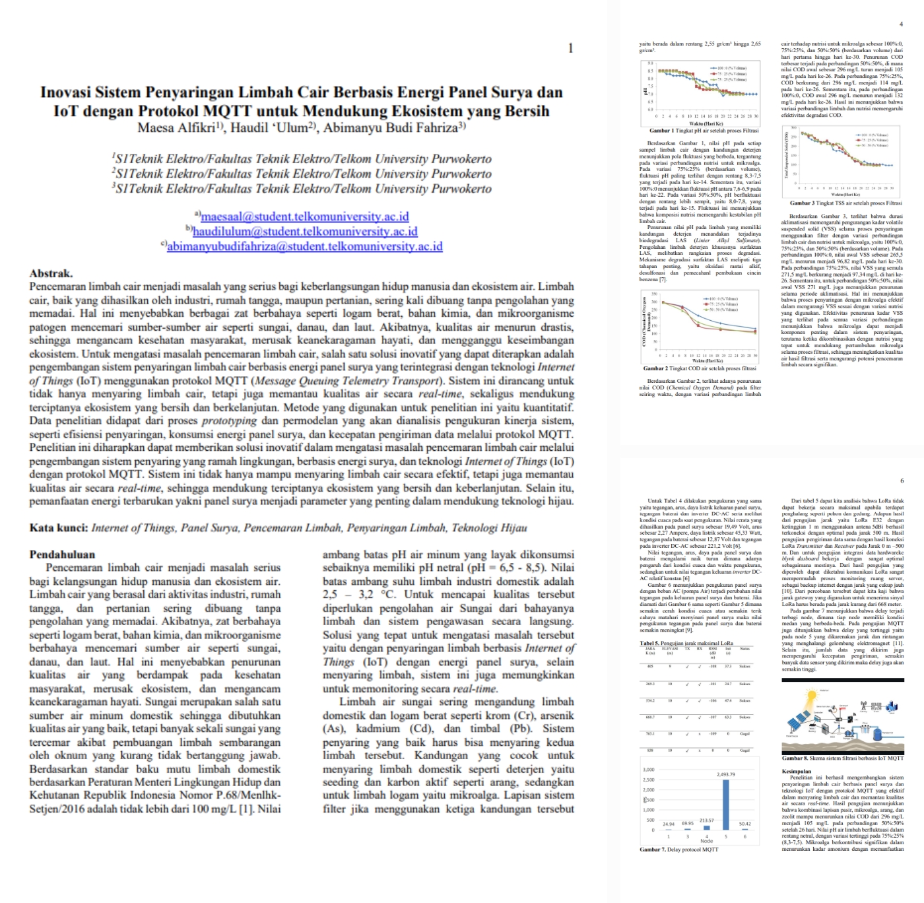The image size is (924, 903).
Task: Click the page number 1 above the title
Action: click(x=570, y=48)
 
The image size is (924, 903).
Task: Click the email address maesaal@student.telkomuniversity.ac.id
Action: click(x=304, y=217)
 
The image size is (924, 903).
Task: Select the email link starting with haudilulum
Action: click(x=304, y=232)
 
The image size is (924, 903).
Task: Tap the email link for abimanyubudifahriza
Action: click(x=304, y=247)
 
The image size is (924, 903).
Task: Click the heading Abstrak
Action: click(x=51, y=273)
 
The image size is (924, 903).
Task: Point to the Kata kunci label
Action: click(x=58, y=527)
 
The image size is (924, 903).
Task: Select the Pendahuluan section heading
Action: click(x=62, y=554)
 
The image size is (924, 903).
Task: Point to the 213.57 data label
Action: click(x=707, y=820)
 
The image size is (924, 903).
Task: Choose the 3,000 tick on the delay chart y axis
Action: click(x=648, y=770)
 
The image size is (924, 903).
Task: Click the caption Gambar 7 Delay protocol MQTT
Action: click(x=678, y=850)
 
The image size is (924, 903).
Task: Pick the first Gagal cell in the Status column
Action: click(x=744, y=733)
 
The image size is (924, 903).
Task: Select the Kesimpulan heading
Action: click(x=796, y=771)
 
